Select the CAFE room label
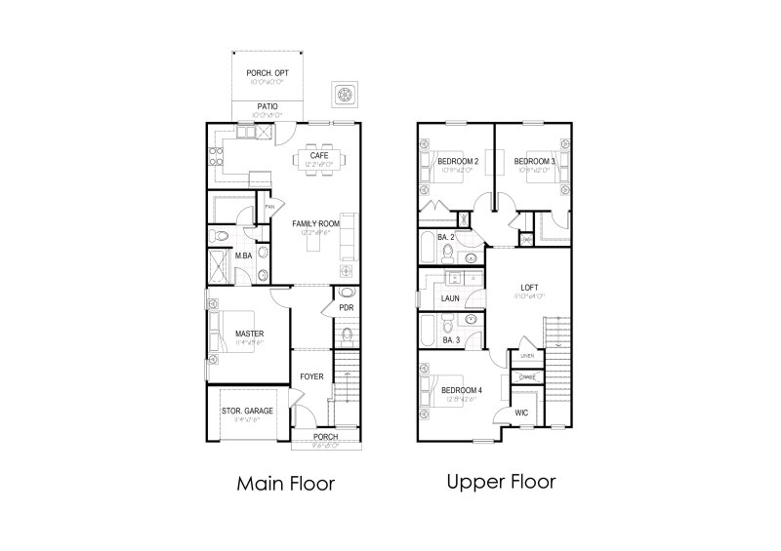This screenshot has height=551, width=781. tap(319, 156)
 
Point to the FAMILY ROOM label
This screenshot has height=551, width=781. tap(314, 223)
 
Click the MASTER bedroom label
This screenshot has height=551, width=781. tap(249, 335)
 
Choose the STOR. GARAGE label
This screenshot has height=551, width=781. tap(247, 411)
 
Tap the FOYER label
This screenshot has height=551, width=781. tap(311, 375)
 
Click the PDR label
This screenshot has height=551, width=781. tap(346, 308)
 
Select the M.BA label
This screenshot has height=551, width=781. tap(245, 256)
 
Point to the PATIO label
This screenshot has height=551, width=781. tap(267, 106)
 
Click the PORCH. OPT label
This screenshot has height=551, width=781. tap(267, 72)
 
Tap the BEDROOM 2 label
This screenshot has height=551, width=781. tap(457, 161)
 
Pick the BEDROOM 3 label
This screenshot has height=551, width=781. tap(534, 161)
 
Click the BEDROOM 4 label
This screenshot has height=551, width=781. tap(463, 390)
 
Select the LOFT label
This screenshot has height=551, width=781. tap(530, 287)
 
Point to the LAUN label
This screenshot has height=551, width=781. tap(450, 298)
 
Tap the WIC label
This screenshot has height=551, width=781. tap(522, 413)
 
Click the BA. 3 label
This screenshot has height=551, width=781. tap(451, 340)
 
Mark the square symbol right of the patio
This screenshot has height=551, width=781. tap(344, 94)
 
